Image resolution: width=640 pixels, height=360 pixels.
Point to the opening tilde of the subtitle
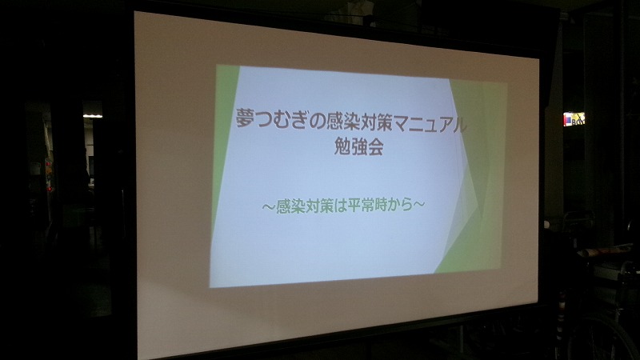(267, 204)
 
